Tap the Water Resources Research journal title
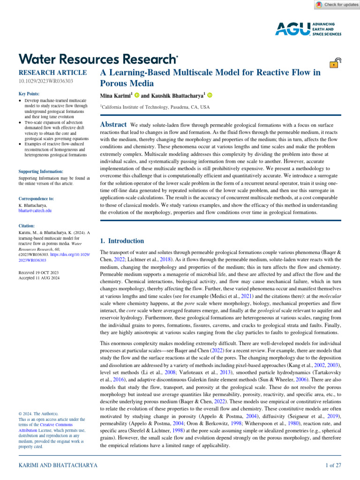(97, 59)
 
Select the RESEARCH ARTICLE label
(52, 73)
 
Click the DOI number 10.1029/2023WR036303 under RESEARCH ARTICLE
(45, 82)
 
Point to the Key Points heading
(29, 94)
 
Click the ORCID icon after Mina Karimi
(136, 96)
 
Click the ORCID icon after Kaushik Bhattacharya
(210, 96)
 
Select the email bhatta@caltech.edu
(35, 211)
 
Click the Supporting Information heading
(40, 172)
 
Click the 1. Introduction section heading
(122, 241)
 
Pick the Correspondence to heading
(36, 199)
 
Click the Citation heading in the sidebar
(27, 225)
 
